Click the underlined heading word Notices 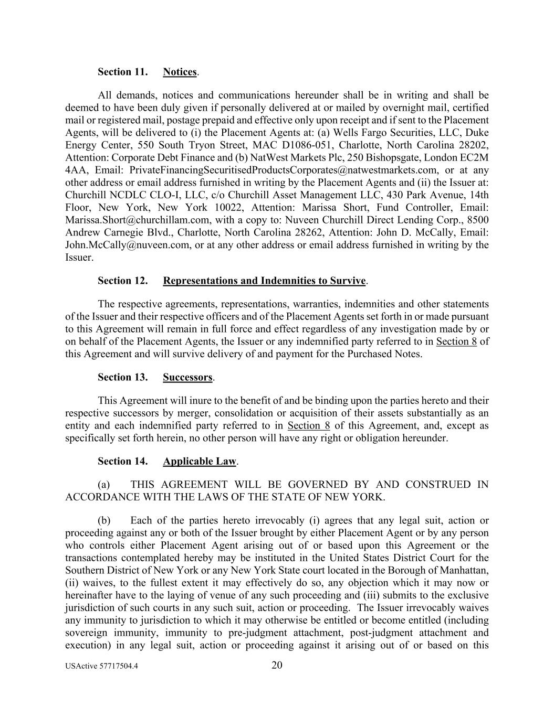click(180, 72)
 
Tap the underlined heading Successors click(187, 378)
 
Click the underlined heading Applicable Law click(200, 462)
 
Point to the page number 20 click(277, 666)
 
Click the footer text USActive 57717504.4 click(98, 667)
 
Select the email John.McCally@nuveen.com click(127, 245)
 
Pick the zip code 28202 click(475, 145)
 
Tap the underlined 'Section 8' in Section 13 click(308, 425)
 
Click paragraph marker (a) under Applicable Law click(104, 485)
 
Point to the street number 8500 click(477, 220)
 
